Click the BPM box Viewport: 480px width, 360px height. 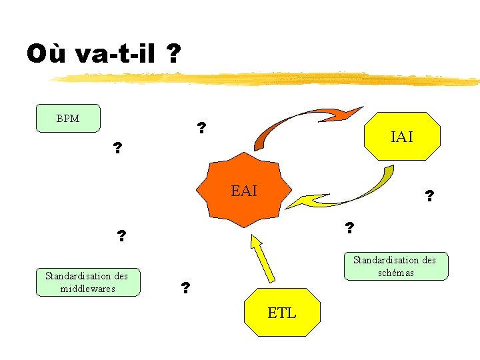68,119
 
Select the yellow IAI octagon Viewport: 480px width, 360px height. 402,137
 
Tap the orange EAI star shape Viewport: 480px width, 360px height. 244,191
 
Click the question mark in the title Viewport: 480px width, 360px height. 173,53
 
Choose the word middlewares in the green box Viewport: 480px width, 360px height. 87,288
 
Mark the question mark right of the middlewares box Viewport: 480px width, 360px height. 185,288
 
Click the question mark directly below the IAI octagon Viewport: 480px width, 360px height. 429,196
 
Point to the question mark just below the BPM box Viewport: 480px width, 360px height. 118,147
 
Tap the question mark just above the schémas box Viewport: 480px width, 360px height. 349,228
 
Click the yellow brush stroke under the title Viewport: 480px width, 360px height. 267,80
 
